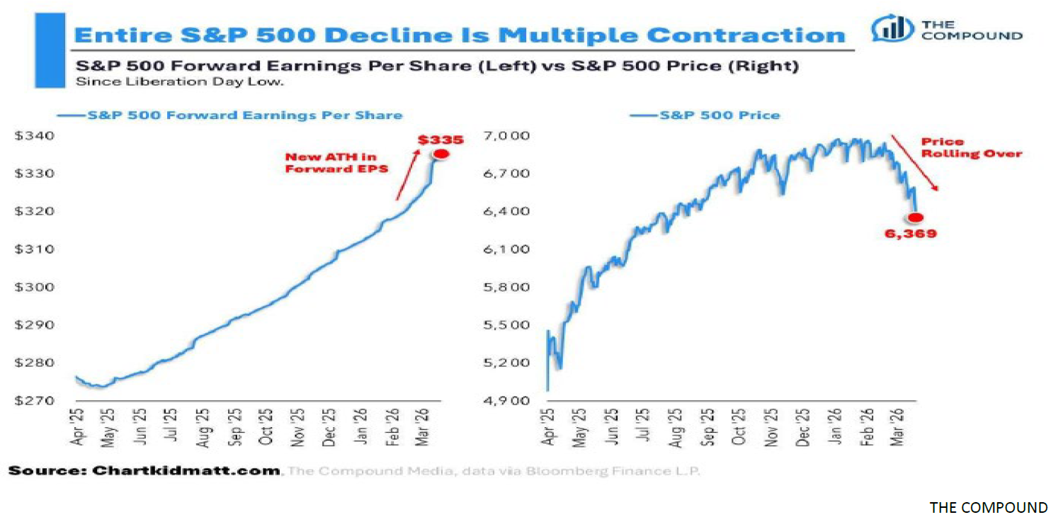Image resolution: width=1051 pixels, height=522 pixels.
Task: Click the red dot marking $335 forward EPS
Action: [441, 154]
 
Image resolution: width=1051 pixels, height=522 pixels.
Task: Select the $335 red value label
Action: [440, 140]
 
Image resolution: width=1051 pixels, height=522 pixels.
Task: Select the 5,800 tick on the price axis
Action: [509, 288]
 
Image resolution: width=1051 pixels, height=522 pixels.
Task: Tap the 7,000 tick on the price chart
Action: [509, 135]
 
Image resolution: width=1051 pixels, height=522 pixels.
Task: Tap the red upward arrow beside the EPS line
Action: [407, 174]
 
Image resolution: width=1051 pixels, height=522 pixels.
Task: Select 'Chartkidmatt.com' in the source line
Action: [186, 471]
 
